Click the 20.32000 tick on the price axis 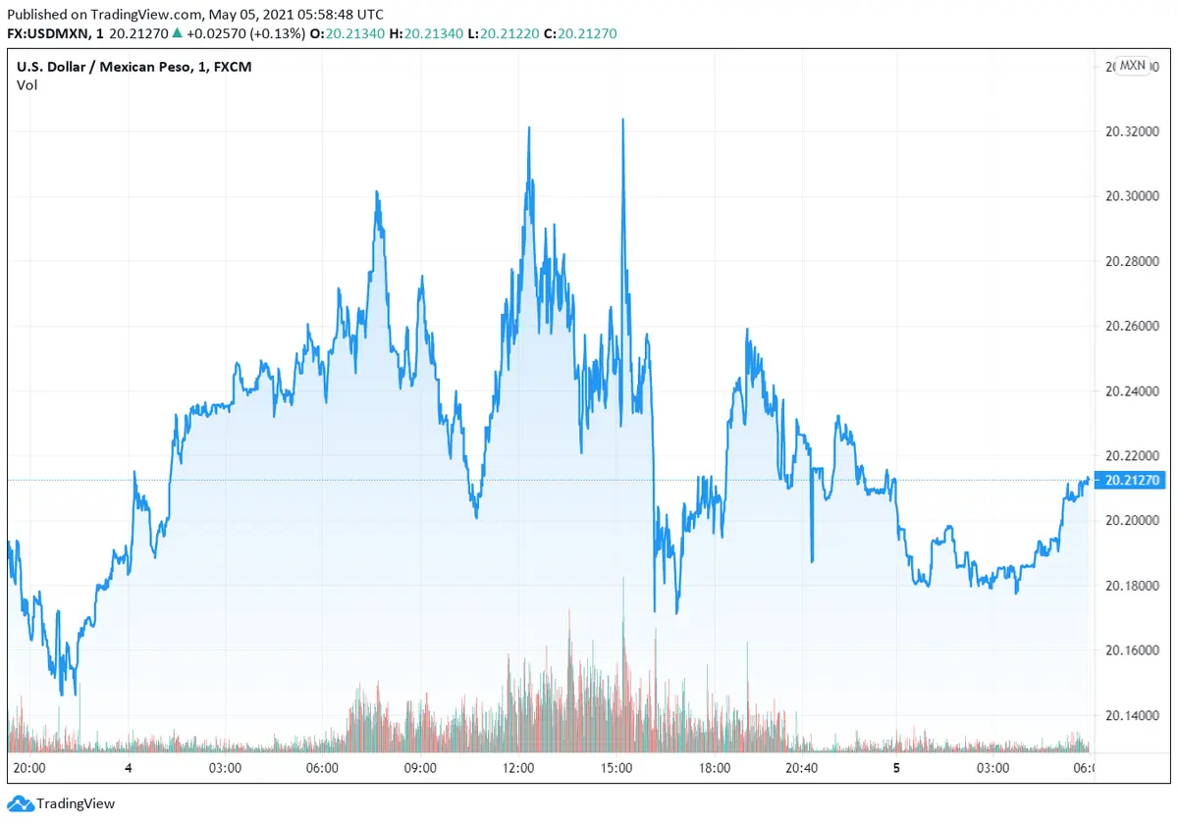[1125, 131]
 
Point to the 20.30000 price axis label [1125, 196]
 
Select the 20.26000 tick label [1125, 326]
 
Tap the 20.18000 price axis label [1125, 586]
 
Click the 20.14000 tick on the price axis [1125, 715]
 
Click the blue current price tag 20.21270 [1132, 480]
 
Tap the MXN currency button [1132, 66]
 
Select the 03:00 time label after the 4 [225, 768]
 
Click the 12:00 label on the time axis [518, 768]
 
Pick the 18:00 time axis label [714, 768]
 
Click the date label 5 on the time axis [896, 768]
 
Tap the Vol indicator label [27, 85]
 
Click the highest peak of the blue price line [622, 120]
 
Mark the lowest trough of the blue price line [63, 695]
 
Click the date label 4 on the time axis [129, 768]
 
